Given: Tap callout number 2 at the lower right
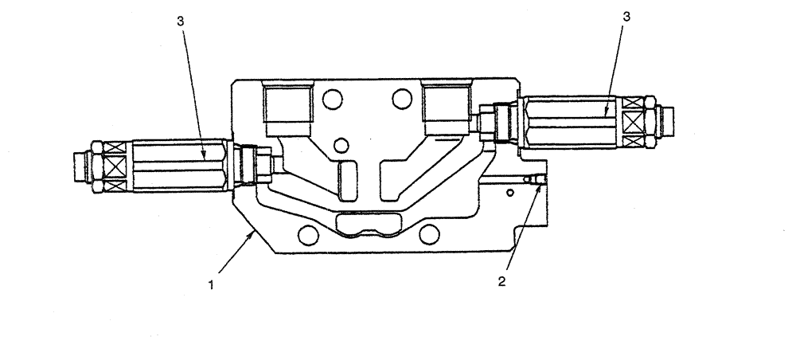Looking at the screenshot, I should tap(502, 280).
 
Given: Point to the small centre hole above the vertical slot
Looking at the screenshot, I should tap(341, 145).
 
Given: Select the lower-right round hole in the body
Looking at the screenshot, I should tap(429, 233).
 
